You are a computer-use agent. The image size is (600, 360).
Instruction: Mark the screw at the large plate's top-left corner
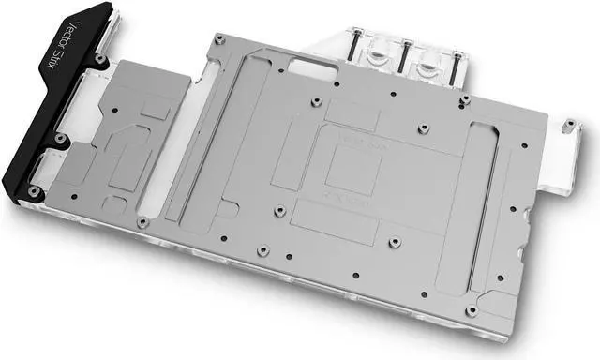click(217, 38)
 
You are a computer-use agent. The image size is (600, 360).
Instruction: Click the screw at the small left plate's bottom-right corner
click(141, 223)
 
